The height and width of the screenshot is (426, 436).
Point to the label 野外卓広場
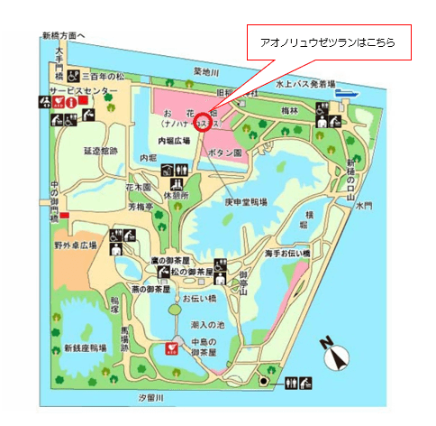click(x=76, y=245)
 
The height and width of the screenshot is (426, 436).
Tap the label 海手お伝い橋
click(x=287, y=254)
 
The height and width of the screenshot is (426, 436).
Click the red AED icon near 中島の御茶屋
click(x=168, y=347)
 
